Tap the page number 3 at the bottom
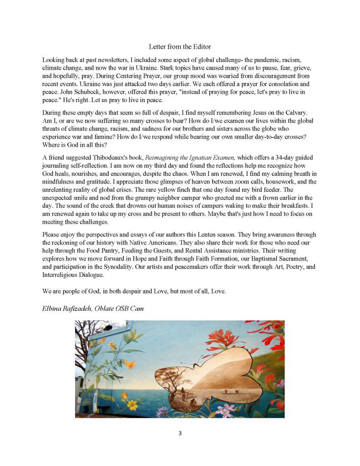(180, 433)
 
